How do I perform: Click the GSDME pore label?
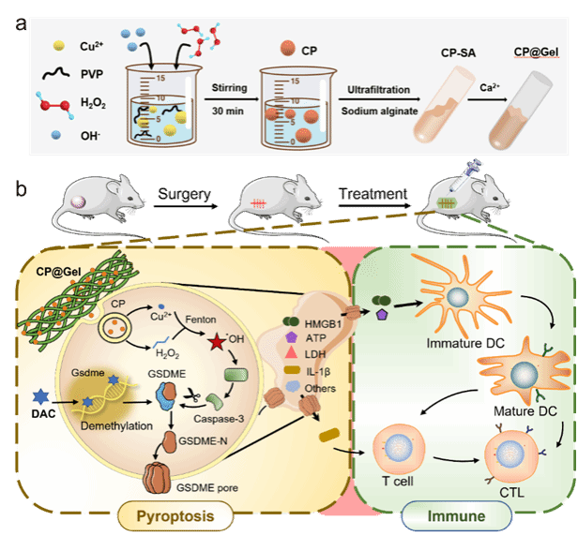point(221,488)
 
